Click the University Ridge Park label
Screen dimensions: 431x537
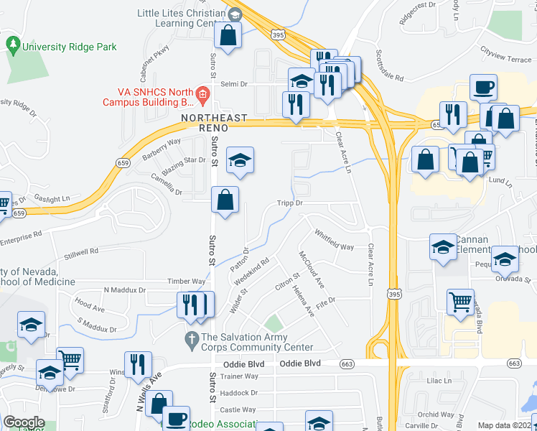pyautogui.click(x=69, y=47)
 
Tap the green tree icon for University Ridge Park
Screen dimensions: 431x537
pyautogui.click(x=13, y=45)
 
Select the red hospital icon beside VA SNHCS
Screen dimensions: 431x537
pyautogui.click(x=203, y=94)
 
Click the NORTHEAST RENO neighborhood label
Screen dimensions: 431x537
pyautogui.click(x=214, y=122)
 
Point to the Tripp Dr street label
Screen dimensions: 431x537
pyautogui.click(x=291, y=203)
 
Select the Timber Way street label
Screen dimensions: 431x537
pyautogui.click(x=187, y=282)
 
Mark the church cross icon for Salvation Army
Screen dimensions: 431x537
pyautogui.click(x=192, y=337)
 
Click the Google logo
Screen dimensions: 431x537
pyautogui.click(x=24, y=422)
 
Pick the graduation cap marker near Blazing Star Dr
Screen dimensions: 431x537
pyautogui.click(x=240, y=160)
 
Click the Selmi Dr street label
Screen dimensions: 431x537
pyautogui.click(x=233, y=84)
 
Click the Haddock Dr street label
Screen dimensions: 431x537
pyautogui.click(x=239, y=393)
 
